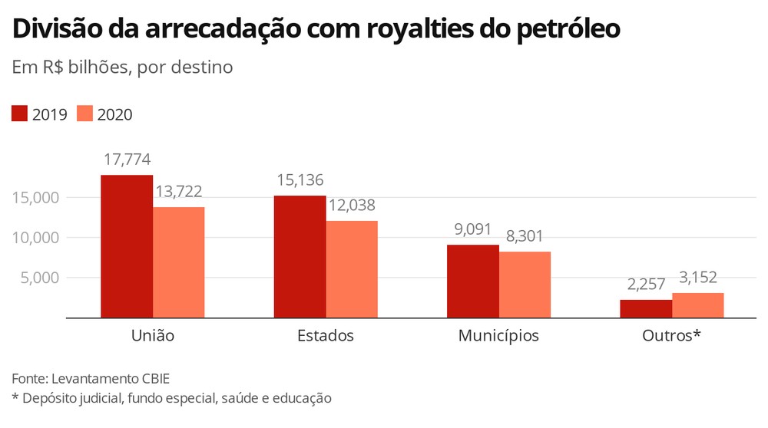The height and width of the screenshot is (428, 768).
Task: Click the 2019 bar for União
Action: coord(127,246)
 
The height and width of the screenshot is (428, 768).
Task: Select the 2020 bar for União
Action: coord(179,262)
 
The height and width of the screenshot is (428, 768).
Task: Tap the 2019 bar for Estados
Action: coord(300,256)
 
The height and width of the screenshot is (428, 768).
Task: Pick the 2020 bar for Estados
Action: coord(352,269)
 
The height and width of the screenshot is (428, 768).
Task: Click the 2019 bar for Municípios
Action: coord(473,281)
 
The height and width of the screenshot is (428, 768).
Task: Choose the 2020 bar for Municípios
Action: coord(525,285)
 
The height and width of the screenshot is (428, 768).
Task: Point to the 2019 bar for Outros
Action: coord(646,308)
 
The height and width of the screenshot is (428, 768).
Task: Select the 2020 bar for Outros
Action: coord(697,305)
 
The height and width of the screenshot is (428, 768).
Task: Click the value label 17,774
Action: coord(127,160)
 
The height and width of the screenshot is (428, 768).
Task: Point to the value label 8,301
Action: coord(525,236)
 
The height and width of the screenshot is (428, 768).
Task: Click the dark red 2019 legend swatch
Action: coord(20,114)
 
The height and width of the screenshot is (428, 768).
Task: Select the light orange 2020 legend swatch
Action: coord(85,114)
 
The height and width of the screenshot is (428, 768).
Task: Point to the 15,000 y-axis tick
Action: coord(36,198)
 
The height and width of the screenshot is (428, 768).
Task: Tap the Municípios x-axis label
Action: coord(498,336)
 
